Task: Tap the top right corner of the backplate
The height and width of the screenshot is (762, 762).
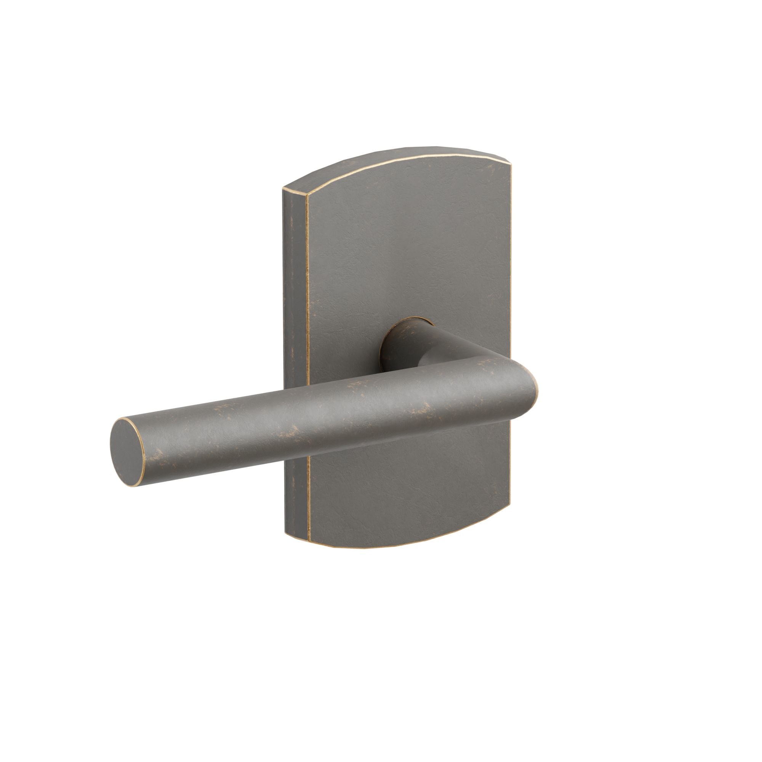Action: click(511, 168)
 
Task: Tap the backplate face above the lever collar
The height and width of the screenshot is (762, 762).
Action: click(406, 256)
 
